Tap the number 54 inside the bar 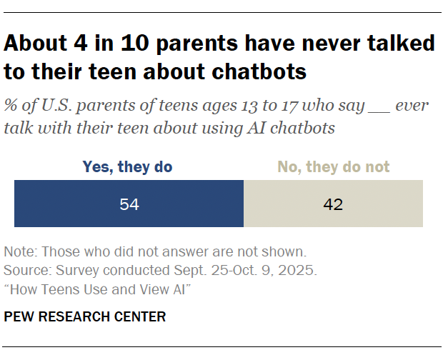tap(129, 204)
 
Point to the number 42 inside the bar tap(333, 204)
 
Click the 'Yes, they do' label tap(129, 167)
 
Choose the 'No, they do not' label tap(334, 167)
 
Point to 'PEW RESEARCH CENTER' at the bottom tap(85, 316)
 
